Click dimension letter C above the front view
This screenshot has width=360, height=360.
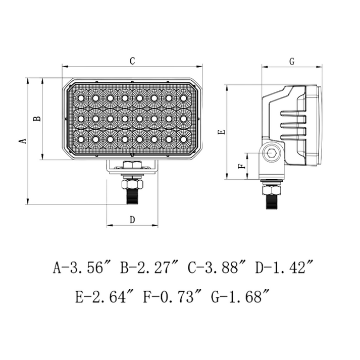pyautogui.click(x=132, y=61)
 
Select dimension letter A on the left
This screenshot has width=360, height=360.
pyautogui.click(x=22, y=141)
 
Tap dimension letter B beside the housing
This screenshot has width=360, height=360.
pyautogui.click(x=37, y=119)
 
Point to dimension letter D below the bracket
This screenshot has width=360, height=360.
pyautogui.click(x=132, y=220)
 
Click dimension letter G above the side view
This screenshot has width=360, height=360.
pyautogui.click(x=292, y=62)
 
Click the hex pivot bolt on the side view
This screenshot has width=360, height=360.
pyautogui.click(x=272, y=153)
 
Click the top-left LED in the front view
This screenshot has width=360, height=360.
pyautogui.click(x=81, y=98)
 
